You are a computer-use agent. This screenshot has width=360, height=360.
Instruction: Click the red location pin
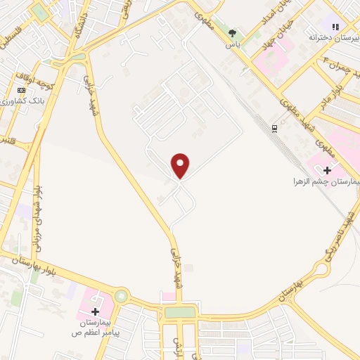pos(181,165)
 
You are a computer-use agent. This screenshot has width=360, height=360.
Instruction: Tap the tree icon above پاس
pos(232,33)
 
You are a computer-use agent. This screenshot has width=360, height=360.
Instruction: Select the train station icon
pos(274,129)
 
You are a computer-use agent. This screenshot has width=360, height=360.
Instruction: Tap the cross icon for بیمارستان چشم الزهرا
pos(326,169)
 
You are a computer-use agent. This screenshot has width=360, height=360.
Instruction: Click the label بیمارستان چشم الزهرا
pos(326,181)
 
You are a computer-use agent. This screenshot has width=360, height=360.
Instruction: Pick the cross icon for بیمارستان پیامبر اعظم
pos(95,310)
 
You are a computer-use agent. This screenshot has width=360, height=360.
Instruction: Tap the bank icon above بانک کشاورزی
pos(22,90)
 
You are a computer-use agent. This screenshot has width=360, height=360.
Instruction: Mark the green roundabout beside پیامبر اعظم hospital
pos(122,296)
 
